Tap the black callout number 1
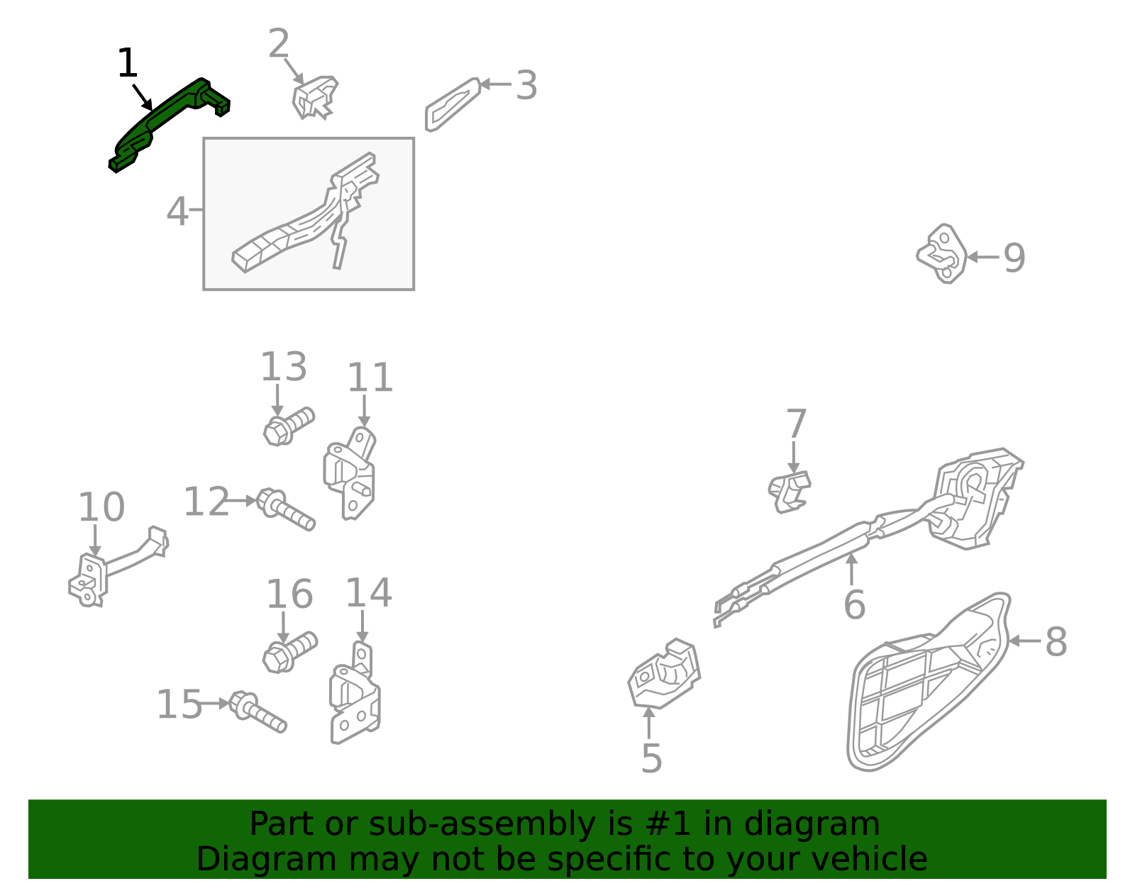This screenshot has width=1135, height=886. point(128,63)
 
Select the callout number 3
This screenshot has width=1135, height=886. point(526,85)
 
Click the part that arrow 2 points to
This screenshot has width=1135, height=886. point(314,98)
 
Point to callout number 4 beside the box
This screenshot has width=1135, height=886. point(177,211)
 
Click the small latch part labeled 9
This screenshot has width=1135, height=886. point(942,254)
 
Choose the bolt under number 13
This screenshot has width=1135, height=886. point(289,427)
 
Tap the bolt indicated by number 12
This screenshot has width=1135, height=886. point(286,509)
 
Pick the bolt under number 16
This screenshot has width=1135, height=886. point(290,652)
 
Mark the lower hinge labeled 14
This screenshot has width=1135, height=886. point(355,693)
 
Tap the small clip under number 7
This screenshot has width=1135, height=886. point(790,492)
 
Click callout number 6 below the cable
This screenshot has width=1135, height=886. point(855,604)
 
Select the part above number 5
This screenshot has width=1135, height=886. point(664,673)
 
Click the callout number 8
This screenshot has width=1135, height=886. point(1056,642)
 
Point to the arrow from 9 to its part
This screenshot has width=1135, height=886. point(983,257)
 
